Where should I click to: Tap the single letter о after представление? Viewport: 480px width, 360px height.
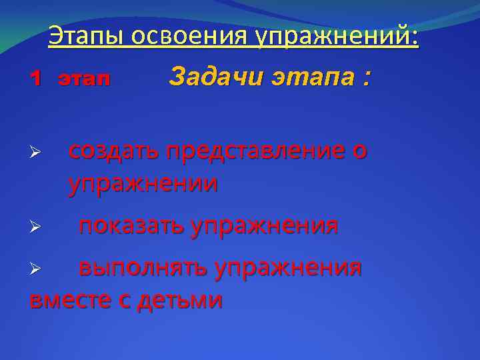[360, 153]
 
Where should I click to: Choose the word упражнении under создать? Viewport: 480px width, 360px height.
[143, 183]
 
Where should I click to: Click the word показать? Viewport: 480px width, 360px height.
[131, 226]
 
